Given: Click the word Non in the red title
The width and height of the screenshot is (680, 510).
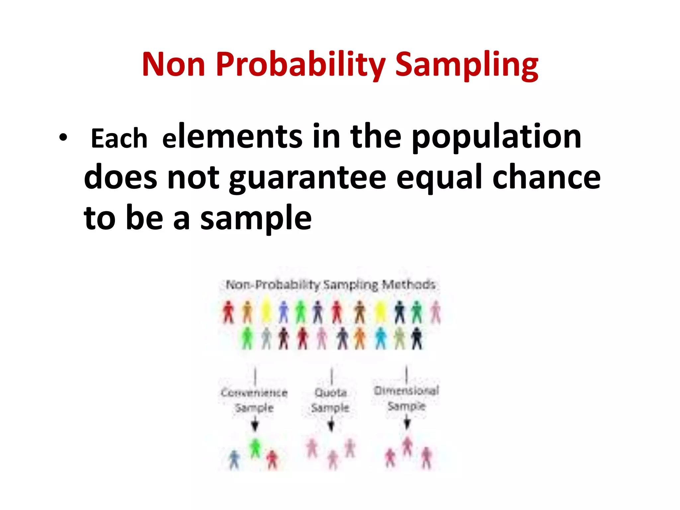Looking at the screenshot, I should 173,64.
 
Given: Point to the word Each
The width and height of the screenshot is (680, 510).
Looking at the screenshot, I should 119,138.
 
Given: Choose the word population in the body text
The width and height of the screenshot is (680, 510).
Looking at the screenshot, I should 496,137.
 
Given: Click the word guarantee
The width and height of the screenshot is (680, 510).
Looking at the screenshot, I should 307,178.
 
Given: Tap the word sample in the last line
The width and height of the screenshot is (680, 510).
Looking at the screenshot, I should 256,218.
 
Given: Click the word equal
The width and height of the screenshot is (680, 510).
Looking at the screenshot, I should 439,178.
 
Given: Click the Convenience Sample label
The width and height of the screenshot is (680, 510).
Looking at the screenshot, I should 254,400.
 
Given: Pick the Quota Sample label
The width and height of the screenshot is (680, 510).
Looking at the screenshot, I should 330,400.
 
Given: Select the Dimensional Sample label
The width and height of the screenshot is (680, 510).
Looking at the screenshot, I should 406,398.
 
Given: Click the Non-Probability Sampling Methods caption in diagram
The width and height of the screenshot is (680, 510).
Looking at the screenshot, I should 330,285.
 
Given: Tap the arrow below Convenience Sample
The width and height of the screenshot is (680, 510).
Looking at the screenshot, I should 255,425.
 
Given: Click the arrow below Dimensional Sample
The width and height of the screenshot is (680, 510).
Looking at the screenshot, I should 407,423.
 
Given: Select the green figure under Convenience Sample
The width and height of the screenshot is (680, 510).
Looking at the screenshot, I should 255,448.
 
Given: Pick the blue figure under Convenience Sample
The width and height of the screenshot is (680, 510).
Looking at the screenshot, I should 234,460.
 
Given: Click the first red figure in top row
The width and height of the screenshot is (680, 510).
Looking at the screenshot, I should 228,312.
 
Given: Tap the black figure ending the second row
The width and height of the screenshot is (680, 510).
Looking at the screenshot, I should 416,338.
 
